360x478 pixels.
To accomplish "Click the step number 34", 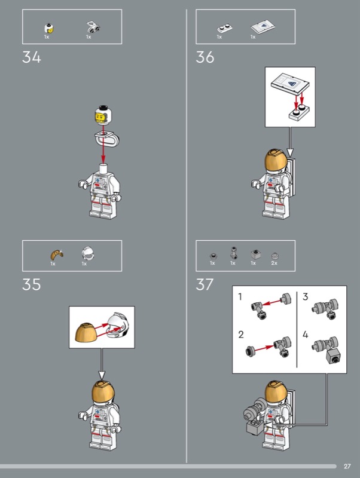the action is point(32,57).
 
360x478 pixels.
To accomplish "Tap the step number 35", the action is point(32,284).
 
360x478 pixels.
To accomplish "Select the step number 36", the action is point(205,57).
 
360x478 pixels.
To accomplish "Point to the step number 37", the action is point(205,284).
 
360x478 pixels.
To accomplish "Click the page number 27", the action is point(347,467).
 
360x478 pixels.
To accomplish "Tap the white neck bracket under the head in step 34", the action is point(106,138).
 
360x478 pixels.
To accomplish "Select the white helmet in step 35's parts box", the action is point(88,253).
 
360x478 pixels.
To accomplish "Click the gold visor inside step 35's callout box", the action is point(86,333).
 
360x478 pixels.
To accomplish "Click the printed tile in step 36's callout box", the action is point(290,83).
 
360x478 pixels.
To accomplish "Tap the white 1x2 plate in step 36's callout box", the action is point(300,113).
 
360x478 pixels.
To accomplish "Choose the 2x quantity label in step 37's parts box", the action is point(274,263).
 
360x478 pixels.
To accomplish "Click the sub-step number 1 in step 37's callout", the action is point(240,296).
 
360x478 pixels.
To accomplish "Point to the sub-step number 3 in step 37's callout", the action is point(306,296).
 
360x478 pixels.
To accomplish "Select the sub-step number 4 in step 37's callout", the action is point(306,335).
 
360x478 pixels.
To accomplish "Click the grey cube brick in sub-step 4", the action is point(334,356).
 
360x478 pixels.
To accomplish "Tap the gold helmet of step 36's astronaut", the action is point(276,160).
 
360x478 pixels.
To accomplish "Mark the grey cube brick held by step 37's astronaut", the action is point(255,426).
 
